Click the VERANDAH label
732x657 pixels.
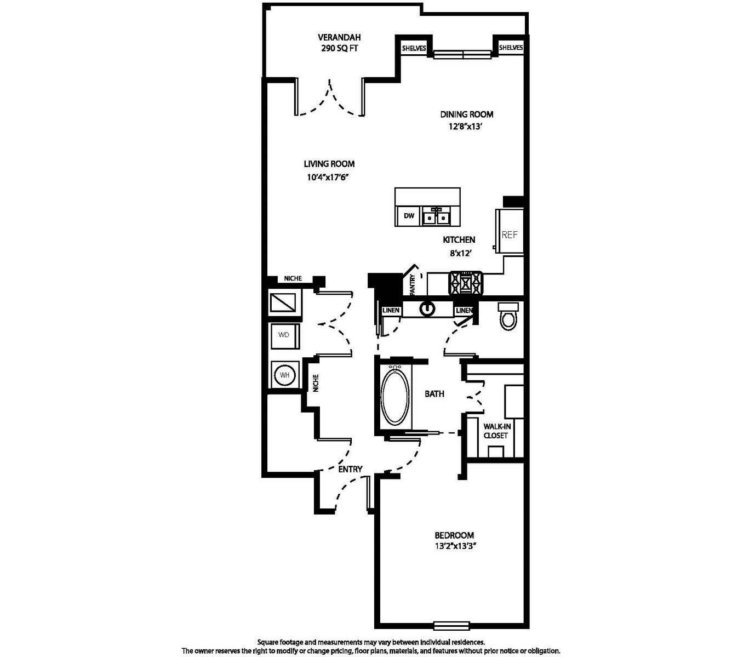339,37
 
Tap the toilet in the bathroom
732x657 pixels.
508,316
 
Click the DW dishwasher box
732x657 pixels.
409,216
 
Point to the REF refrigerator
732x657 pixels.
510,231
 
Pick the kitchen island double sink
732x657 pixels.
437,216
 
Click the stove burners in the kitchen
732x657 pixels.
465,283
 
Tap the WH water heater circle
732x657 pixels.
285,375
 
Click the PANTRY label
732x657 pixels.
412,284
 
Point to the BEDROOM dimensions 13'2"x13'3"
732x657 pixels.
454,546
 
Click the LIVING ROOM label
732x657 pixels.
329,164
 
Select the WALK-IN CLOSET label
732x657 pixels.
497,431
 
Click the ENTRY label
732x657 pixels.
350,469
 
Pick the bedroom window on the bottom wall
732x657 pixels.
451,626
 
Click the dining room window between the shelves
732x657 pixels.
463,54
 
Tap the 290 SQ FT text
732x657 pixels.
339,48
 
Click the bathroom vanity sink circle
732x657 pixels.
427,309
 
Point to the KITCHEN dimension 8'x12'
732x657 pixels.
461,253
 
